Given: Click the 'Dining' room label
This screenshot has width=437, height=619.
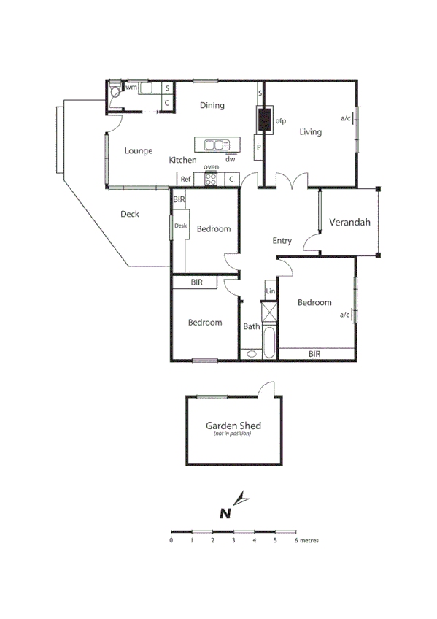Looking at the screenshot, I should (212, 106).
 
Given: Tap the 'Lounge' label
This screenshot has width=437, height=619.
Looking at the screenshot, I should (138, 151).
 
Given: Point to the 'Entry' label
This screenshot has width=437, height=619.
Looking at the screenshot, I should (282, 241).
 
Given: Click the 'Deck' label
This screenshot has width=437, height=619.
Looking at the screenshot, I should (129, 214).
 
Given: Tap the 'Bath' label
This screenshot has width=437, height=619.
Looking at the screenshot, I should (251, 326).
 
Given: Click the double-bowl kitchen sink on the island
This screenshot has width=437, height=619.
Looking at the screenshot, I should (217, 145).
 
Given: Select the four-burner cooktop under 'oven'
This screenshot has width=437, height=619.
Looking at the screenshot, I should (212, 177).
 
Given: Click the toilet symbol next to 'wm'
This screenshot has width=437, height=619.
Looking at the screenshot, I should (115, 93).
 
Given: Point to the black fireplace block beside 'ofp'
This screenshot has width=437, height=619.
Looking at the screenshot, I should (263, 119).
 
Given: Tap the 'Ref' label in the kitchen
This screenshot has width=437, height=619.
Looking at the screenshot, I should (185, 179).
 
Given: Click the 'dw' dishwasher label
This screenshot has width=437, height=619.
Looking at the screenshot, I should (230, 158).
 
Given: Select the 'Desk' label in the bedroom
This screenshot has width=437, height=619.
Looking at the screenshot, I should (180, 226).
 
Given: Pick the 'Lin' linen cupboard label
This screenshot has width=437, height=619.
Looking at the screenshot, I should (270, 291).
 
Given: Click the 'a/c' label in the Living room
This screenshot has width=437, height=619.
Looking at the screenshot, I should (345, 118).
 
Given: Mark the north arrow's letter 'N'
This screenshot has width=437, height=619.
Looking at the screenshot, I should (226, 512).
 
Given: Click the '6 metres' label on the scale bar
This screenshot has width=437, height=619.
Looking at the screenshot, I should (306, 541).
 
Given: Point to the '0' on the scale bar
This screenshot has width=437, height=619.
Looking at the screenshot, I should (171, 541).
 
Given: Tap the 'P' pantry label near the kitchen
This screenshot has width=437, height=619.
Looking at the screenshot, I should (258, 148).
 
